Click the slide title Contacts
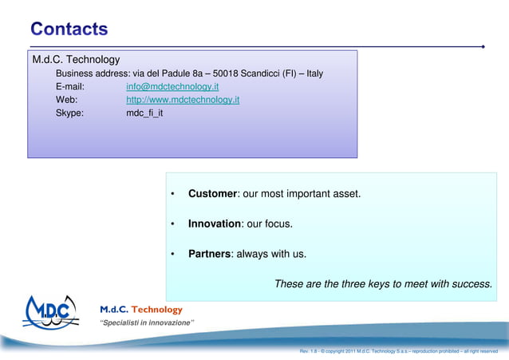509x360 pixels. click(69, 30)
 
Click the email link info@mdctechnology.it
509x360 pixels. click(172, 86)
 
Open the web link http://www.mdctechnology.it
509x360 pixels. click(183, 100)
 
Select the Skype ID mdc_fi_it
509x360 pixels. click(144, 113)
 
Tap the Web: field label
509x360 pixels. click(66, 100)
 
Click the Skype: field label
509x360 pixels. click(69, 113)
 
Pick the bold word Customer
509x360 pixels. click(212, 194)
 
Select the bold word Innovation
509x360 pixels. click(214, 224)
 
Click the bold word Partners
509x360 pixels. click(209, 255)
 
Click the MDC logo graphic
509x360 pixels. click(51, 311)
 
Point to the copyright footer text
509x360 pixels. click(398, 351)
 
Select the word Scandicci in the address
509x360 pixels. click(268, 73)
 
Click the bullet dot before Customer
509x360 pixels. click(172, 195)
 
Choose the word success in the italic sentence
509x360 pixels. click(472, 283)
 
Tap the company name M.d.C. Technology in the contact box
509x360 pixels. click(76, 60)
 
